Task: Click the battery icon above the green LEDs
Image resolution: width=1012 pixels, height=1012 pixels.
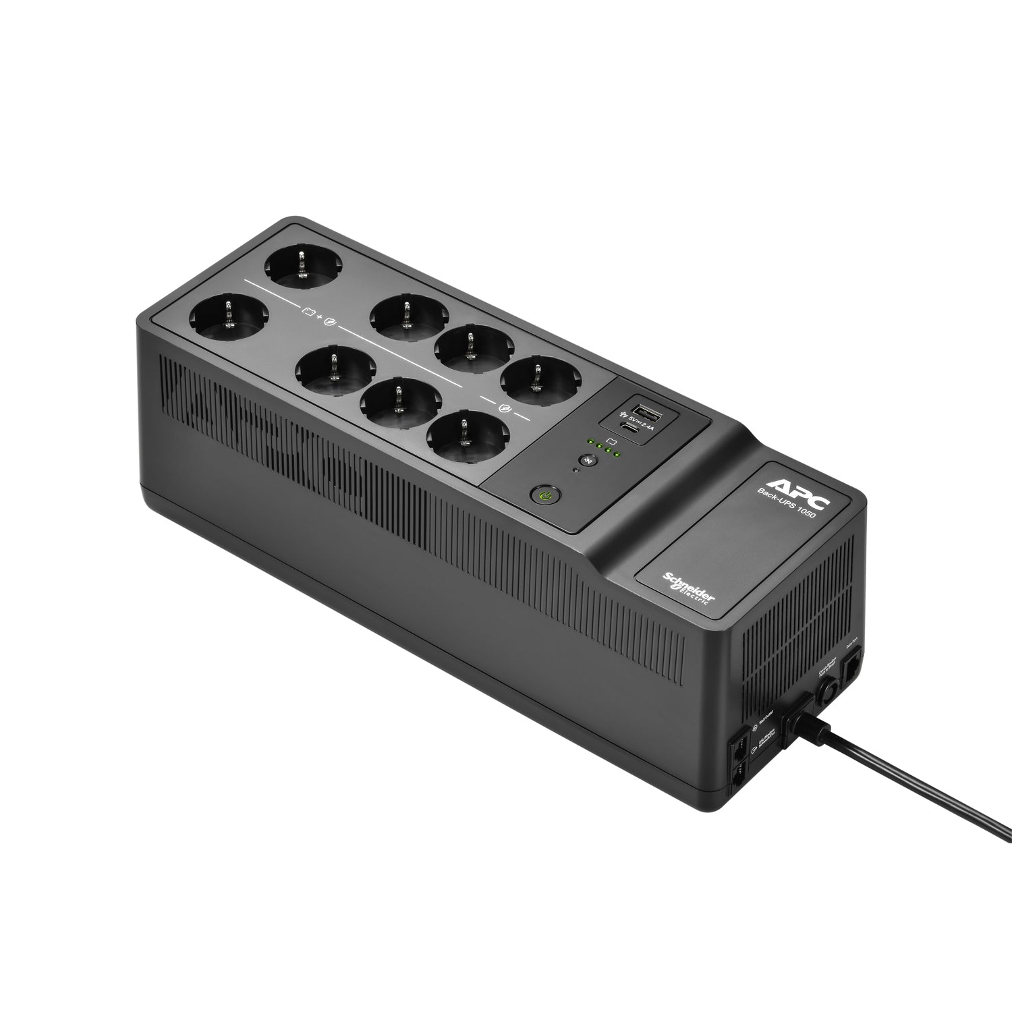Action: [x=611, y=441]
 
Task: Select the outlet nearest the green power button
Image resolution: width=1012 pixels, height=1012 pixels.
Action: [x=461, y=434]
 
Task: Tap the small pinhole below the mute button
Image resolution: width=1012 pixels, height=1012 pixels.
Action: [x=575, y=470]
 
